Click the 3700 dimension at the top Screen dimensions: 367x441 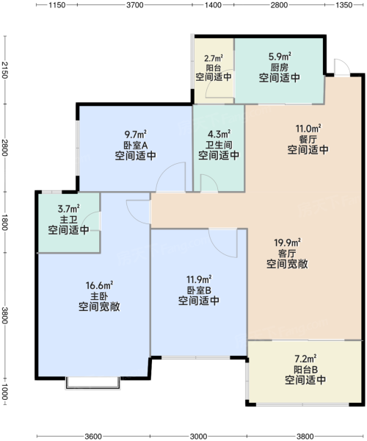(135, 5)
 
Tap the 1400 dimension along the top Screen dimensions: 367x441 (213, 5)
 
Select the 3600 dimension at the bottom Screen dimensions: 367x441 (93, 436)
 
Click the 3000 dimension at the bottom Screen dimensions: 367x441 (198, 436)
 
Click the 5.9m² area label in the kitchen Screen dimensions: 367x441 (280, 57)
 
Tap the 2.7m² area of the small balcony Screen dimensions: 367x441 (214, 58)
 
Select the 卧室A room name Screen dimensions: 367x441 (136, 145)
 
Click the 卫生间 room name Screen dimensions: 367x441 (219, 145)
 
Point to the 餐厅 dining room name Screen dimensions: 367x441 (308, 139)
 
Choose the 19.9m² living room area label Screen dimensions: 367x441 (287, 242)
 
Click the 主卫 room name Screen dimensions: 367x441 (69, 219)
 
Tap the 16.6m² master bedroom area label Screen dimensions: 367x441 (99, 285)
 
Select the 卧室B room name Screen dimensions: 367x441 (199, 290)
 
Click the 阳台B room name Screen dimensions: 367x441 (306, 369)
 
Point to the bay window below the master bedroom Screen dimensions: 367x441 (93, 383)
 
